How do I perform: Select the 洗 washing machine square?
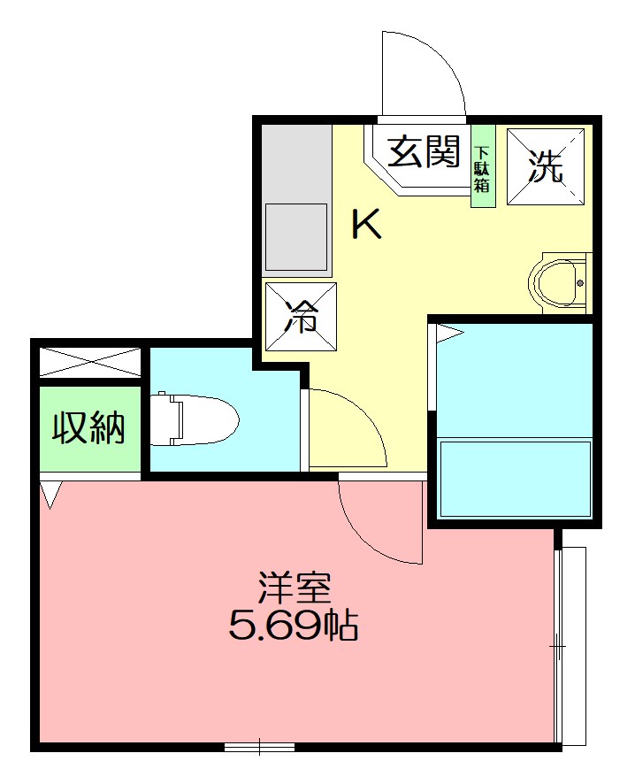click(x=546, y=166)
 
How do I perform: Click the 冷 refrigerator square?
click(x=301, y=317)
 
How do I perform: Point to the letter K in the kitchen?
click(x=366, y=227)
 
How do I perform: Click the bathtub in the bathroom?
click(x=515, y=478)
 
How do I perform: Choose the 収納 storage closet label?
click(x=89, y=429)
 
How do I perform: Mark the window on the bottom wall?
click(x=259, y=747)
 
